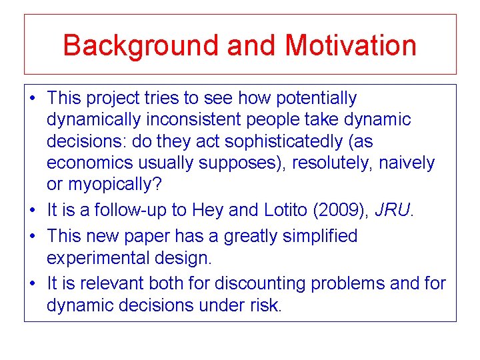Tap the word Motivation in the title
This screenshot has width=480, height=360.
(x=351, y=45)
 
